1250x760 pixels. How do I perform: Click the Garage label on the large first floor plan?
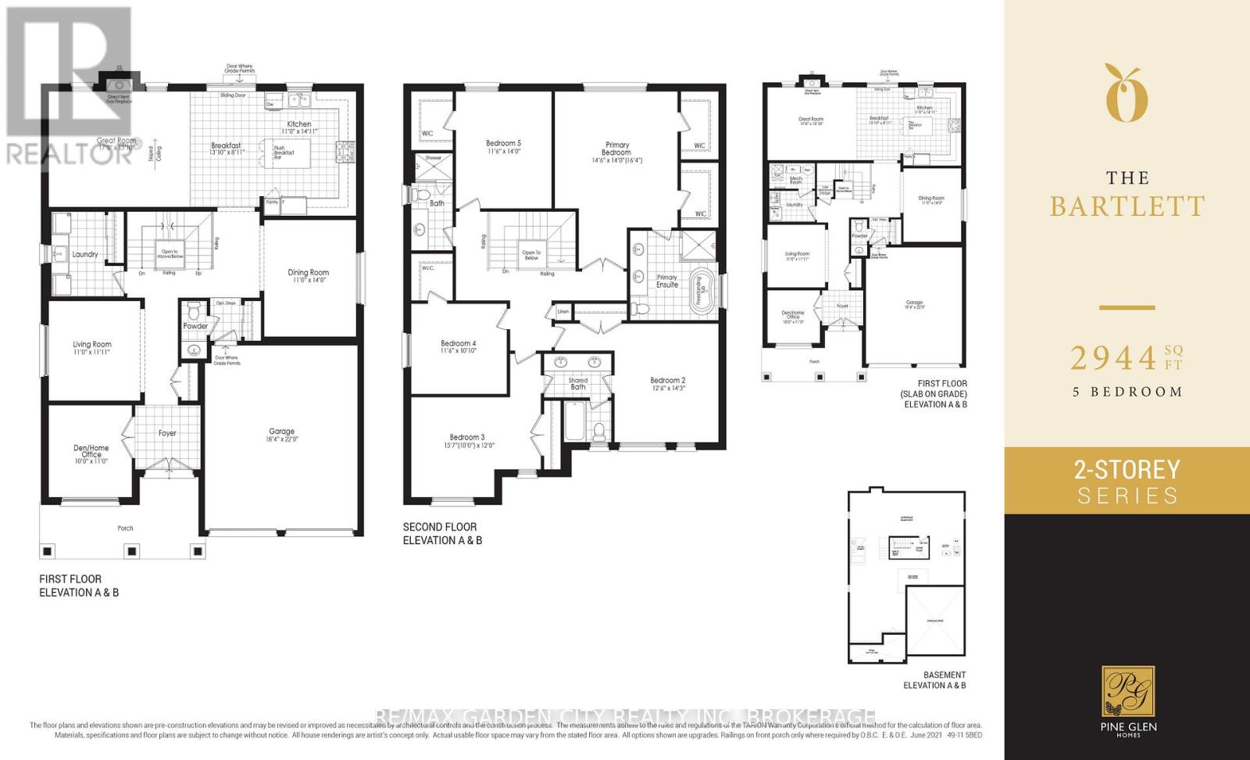tap(282, 431)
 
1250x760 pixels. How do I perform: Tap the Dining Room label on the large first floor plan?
tap(309, 272)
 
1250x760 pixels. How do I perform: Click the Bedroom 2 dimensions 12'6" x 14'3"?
tap(667, 389)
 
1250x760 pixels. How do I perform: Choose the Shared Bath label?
tap(578, 383)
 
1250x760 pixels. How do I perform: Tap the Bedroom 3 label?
tap(467, 437)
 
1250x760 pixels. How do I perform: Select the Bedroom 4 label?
tap(459, 343)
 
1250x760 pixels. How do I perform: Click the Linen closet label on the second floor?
tap(563, 311)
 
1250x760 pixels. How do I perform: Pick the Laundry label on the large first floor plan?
tap(85, 254)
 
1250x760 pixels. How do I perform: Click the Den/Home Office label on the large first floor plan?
tap(91, 452)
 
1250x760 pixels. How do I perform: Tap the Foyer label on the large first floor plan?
tap(167, 432)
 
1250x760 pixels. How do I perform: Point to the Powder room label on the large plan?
tap(195, 326)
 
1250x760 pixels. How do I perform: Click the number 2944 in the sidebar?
tap(1112, 359)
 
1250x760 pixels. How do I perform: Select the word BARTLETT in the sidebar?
tap(1127, 206)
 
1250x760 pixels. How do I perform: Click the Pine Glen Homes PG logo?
tap(1128, 691)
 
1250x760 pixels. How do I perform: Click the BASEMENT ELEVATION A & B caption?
tap(934, 679)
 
